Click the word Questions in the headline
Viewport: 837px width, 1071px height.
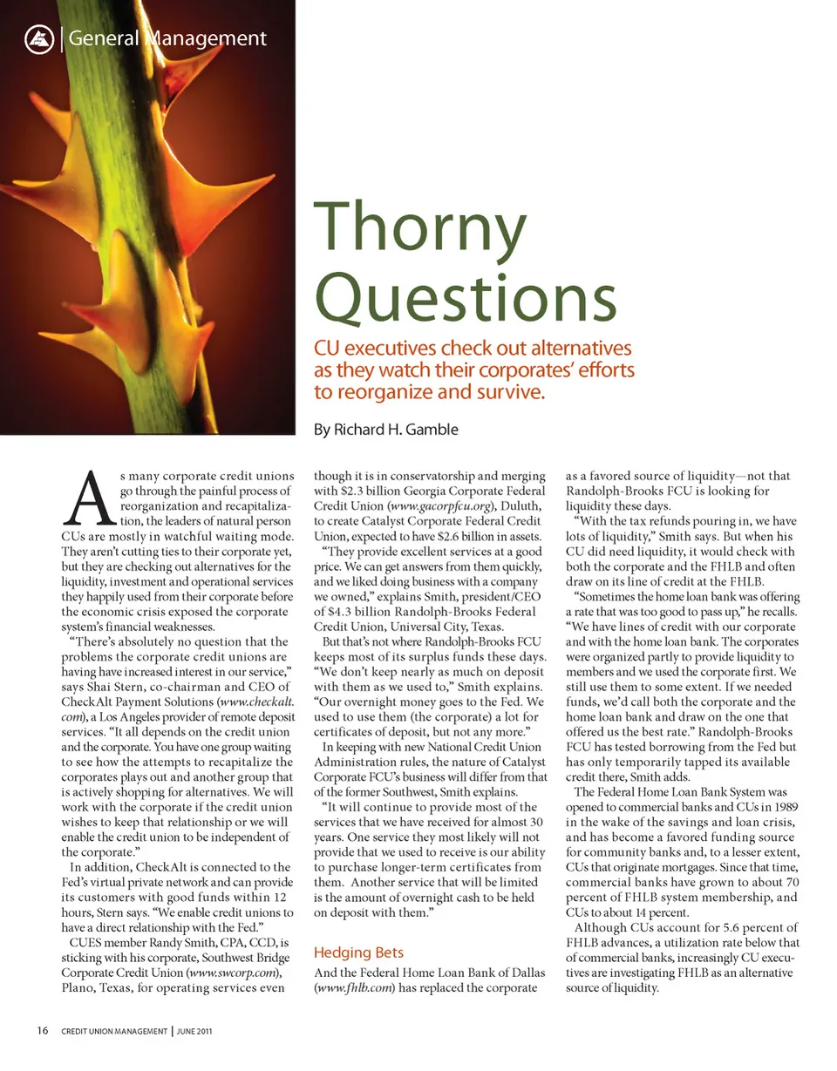[x=465, y=295]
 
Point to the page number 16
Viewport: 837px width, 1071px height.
[x=42, y=1032]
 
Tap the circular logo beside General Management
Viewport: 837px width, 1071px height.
[x=38, y=38]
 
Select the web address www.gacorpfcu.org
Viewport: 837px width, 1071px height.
[x=441, y=506]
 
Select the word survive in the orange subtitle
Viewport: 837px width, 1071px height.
[x=514, y=392]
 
